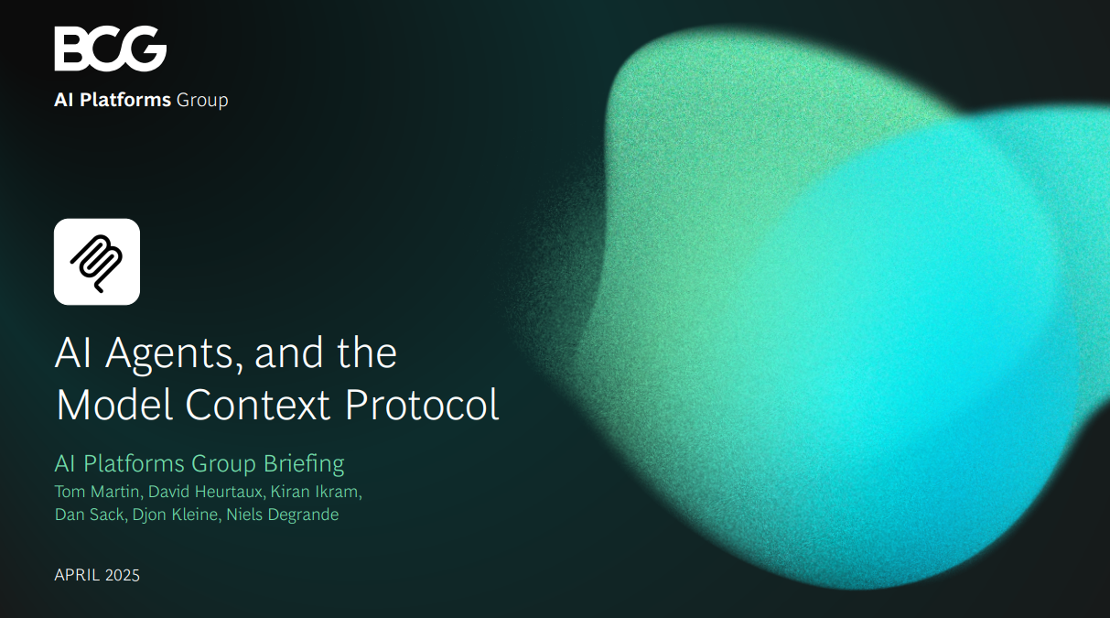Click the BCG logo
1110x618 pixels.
pos(111,49)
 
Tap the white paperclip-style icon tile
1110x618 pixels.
pos(97,262)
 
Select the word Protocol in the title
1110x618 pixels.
pos(422,405)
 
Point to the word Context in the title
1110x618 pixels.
pos(258,405)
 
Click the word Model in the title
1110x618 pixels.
pos(114,405)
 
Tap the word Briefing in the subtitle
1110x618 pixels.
pos(304,464)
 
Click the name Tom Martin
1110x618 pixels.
pos(98,492)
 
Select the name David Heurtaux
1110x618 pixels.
pos(206,492)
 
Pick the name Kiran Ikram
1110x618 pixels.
pos(316,492)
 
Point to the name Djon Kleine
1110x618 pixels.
pos(176,515)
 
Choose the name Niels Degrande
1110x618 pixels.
pos(283,515)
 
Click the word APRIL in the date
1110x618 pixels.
pos(77,575)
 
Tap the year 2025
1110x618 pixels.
pos(123,575)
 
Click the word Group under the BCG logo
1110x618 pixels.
pos(202,101)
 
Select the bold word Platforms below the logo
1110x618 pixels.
pos(125,100)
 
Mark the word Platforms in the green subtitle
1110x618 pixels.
pos(134,464)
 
